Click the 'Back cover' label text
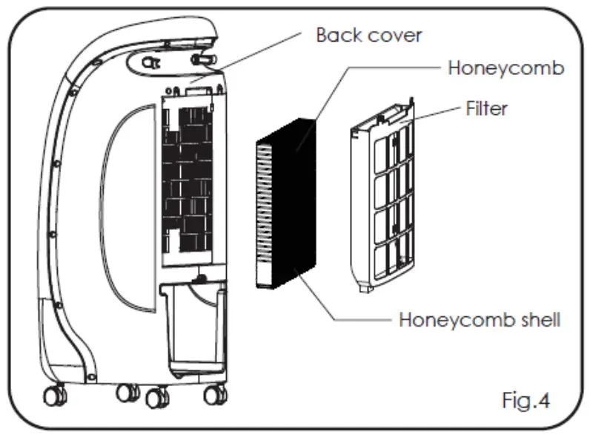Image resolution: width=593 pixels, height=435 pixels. coord(368,35)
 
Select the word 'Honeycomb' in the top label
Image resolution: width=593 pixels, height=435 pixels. coord(506,68)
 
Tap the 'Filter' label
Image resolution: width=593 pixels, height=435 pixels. coord(486,108)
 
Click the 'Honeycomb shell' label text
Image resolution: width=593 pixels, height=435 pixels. coord(480,320)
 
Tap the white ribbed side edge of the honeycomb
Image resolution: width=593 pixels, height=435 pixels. coord(262,215)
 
